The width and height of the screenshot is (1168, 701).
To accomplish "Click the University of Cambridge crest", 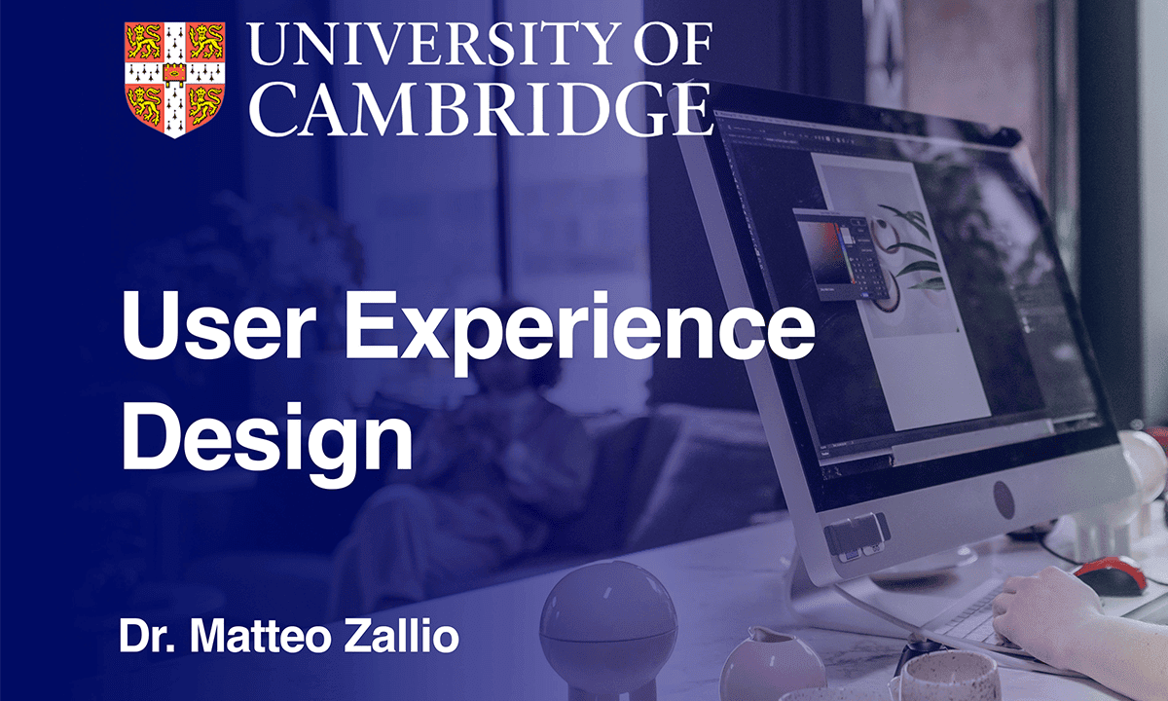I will pos(174,79).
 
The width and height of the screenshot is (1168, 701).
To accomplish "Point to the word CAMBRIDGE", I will pos(480,109).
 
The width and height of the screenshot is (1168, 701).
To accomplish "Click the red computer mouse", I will pos(1111,574).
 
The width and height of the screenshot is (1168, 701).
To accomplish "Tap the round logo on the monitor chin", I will pos(1004,499).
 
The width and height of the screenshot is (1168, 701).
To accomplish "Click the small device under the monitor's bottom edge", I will pos(858,536).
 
